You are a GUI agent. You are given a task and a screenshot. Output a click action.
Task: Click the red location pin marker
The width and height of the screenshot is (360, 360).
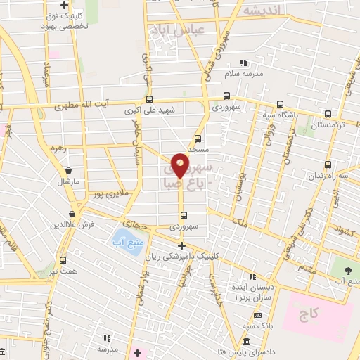pos(180,165)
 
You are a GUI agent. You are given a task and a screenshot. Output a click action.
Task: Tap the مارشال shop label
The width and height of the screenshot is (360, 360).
pos(70,182)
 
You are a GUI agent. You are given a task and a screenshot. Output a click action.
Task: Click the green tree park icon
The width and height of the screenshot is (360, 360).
pos(348,270)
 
